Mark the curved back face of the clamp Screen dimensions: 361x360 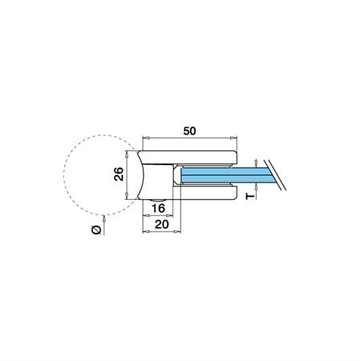point(141,175)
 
